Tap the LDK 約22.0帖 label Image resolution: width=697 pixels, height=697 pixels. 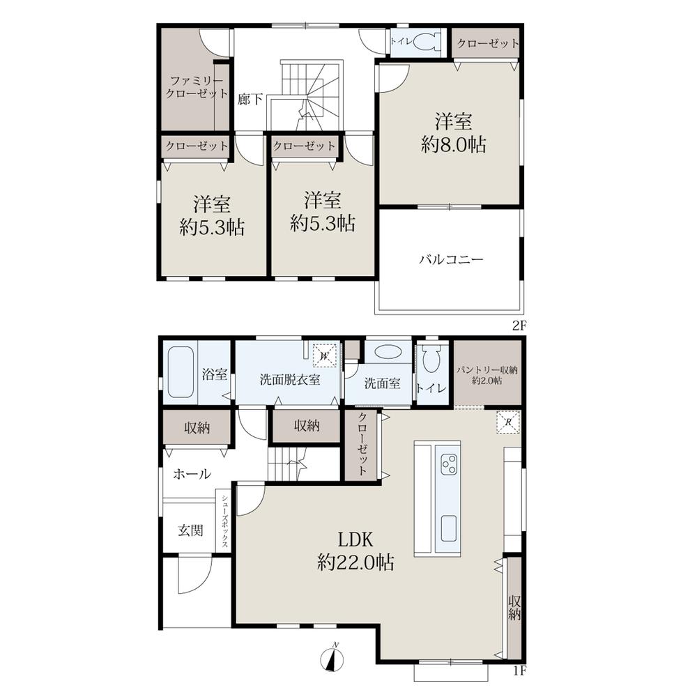point(355,551)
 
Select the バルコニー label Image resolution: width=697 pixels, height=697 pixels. point(451,259)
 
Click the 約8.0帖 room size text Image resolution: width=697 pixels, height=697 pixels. point(454,144)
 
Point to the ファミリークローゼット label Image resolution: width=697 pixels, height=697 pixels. point(197,87)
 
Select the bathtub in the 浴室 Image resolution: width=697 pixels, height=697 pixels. point(181,372)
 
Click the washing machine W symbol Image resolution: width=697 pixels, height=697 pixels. point(325,355)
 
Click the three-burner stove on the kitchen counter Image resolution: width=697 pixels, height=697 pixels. point(448,464)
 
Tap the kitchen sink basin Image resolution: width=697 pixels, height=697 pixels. point(448,528)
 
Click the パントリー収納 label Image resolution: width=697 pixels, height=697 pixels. point(487,370)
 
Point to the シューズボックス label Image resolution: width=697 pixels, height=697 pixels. point(225,521)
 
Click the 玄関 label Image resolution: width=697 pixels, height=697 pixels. point(191,530)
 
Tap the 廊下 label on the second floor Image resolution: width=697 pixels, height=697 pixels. point(250,99)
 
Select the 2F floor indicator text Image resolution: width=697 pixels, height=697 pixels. point(519,325)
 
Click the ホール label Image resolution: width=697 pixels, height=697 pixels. point(192,474)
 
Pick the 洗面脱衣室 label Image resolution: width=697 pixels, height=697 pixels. point(290,380)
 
